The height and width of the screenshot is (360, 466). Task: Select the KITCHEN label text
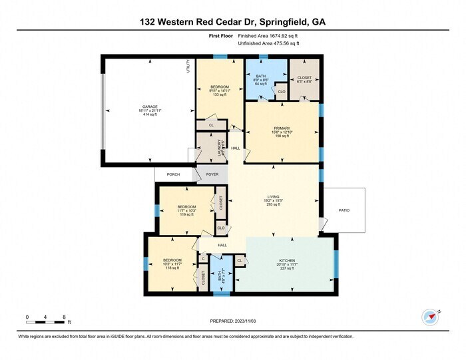pyautogui.click(x=287, y=260)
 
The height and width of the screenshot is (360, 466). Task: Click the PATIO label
pyautogui.click(x=344, y=210)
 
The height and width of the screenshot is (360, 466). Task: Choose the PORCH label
pyautogui.click(x=173, y=174)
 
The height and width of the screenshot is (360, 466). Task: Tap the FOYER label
pyautogui.click(x=212, y=174)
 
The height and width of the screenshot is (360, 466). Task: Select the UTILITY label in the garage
pyautogui.click(x=188, y=67)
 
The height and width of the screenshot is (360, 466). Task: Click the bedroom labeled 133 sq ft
pyautogui.click(x=220, y=87)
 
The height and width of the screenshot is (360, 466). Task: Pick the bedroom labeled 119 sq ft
pyautogui.click(x=186, y=207)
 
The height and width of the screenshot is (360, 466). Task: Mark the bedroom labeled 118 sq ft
pyautogui.click(x=172, y=260)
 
